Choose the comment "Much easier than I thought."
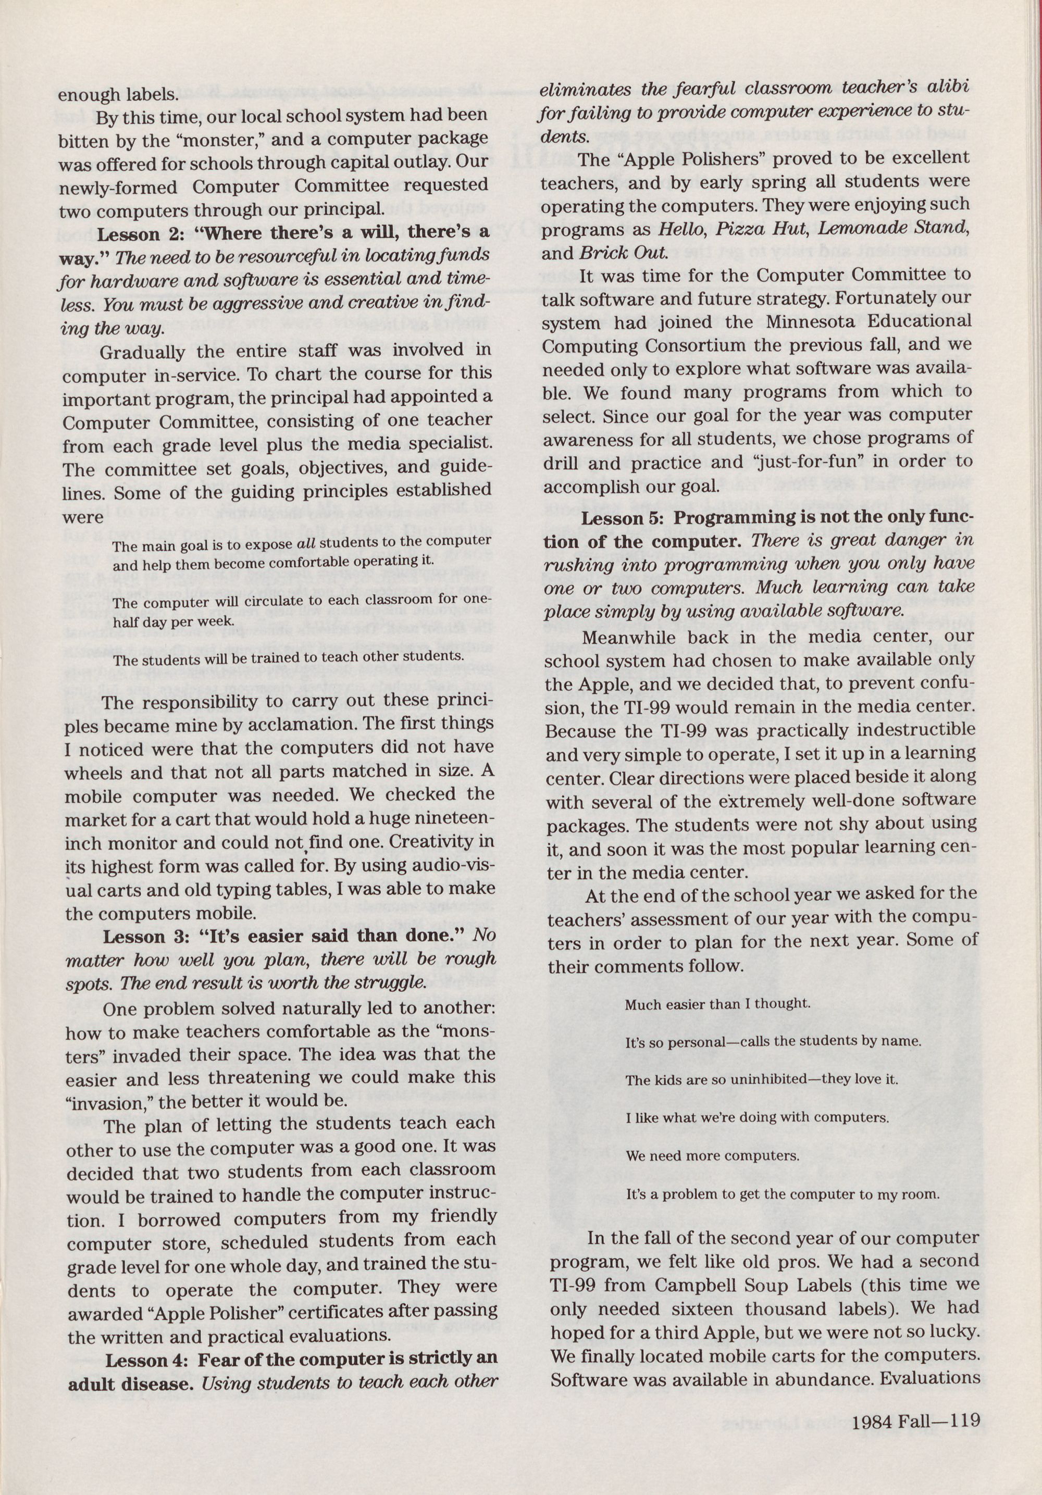[718, 1004]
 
